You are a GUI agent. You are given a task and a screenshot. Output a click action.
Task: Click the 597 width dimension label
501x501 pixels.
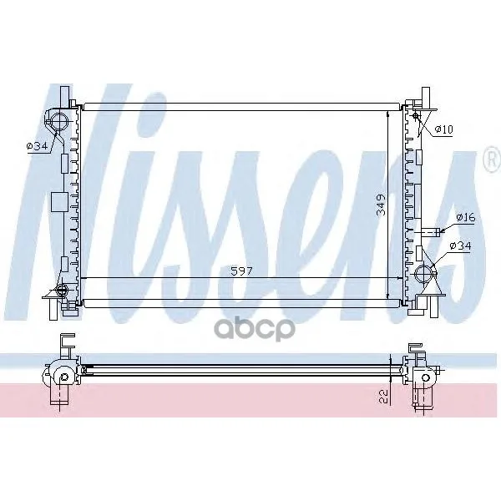click(241, 271)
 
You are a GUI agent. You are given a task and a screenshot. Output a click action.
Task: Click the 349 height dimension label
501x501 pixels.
click(381, 205)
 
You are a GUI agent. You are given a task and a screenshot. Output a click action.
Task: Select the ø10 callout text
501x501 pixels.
click(444, 129)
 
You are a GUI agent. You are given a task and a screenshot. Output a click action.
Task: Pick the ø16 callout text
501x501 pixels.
click(466, 218)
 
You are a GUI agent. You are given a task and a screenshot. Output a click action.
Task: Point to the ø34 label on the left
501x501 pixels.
click(37, 146)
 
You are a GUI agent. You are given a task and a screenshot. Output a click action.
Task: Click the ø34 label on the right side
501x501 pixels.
click(460, 245)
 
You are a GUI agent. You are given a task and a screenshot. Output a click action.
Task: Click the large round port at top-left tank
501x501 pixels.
click(58, 122)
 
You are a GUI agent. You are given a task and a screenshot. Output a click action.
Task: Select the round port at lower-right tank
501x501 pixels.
click(424, 274)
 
